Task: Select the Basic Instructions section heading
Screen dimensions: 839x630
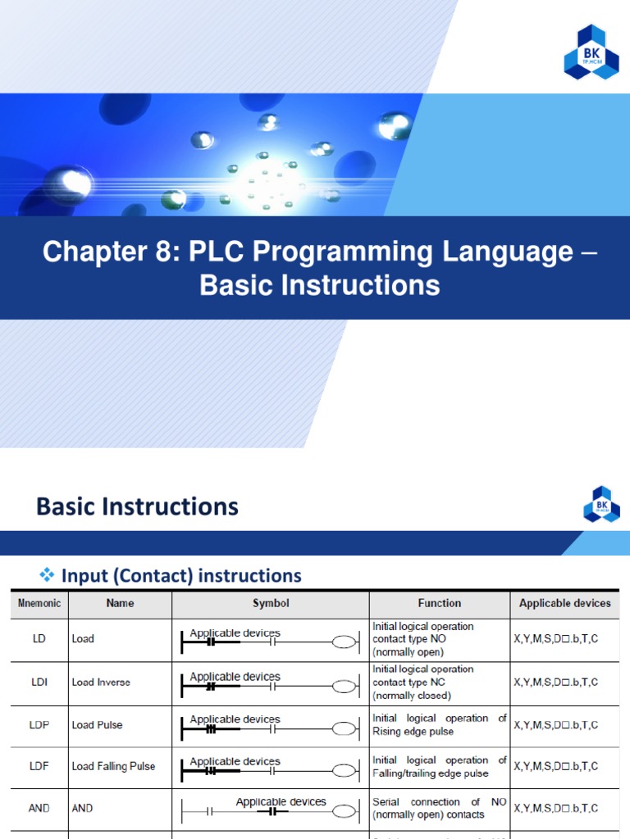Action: (x=137, y=506)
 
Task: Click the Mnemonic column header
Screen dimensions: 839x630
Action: (x=39, y=604)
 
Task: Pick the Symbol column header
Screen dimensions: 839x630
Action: (x=271, y=604)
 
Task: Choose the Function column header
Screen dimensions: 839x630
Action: (x=439, y=604)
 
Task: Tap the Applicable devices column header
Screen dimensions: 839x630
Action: (x=564, y=604)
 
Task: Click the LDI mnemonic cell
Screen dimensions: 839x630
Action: (x=39, y=683)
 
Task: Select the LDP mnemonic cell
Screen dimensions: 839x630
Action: (x=39, y=725)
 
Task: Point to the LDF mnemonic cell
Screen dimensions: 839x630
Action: (x=39, y=767)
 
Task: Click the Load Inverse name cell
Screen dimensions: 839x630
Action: (x=101, y=683)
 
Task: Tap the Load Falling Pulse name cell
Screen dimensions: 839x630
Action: (x=113, y=767)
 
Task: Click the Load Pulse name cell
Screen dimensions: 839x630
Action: (x=98, y=725)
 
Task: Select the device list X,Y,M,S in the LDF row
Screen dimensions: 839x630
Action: (x=555, y=767)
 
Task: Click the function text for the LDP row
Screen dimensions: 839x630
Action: (x=439, y=725)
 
